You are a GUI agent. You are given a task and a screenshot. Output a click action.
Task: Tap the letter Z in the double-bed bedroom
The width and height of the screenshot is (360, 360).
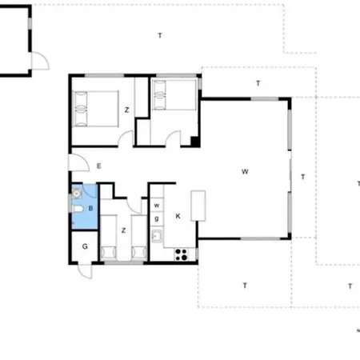tap(126, 109)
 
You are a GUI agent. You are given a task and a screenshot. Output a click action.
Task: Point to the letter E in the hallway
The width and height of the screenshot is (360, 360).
tap(98, 166)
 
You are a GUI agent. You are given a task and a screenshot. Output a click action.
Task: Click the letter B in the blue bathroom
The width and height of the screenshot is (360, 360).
tap(90, 208)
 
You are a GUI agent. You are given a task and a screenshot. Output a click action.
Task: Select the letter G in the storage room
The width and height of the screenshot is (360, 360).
tap(84, 246)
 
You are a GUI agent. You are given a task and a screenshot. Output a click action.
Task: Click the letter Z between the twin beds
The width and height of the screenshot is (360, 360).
tap(123, 230)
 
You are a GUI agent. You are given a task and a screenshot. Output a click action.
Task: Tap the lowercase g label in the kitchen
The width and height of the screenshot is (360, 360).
tap(157, 218)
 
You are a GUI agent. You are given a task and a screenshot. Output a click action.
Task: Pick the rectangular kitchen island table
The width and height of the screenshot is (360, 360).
tap(198, 206)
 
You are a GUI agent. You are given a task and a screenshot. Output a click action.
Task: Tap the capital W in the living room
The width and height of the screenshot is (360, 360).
tap(246, 170)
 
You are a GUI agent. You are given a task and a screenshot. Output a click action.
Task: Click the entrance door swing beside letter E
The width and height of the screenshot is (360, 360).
tap(78, 162)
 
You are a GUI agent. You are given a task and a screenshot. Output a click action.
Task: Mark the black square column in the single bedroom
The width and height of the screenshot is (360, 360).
tap(194, 142)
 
